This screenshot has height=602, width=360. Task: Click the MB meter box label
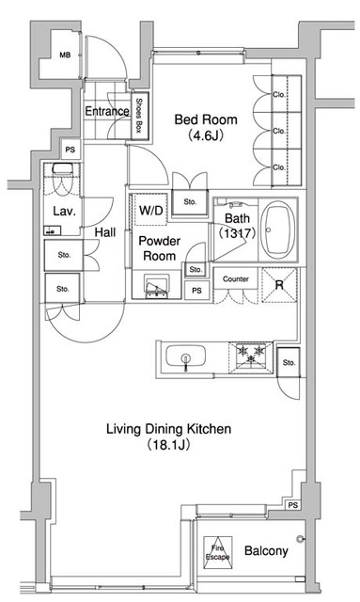65,55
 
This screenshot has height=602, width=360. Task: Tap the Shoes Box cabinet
140,116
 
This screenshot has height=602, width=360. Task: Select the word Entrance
107,111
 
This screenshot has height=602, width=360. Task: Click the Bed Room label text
206,119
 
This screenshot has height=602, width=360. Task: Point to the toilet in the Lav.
61,178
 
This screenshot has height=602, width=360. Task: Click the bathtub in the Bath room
278,230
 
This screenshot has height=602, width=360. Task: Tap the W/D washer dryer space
150,210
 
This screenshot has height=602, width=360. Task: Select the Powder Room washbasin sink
157,286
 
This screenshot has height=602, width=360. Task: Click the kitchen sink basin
186,356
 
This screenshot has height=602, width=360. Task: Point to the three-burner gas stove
251,357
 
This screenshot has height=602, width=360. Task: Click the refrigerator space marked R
279,285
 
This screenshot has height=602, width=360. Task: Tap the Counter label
236,279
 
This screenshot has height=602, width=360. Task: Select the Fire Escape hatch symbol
218,552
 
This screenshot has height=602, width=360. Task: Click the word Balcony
266,551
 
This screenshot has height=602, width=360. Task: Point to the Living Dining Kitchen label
169,429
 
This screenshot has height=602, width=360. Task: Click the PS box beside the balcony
293,506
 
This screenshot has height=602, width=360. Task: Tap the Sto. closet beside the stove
289,361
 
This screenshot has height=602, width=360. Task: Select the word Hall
105,232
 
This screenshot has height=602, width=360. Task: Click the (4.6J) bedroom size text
206,135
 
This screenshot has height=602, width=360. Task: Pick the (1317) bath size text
237,232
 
